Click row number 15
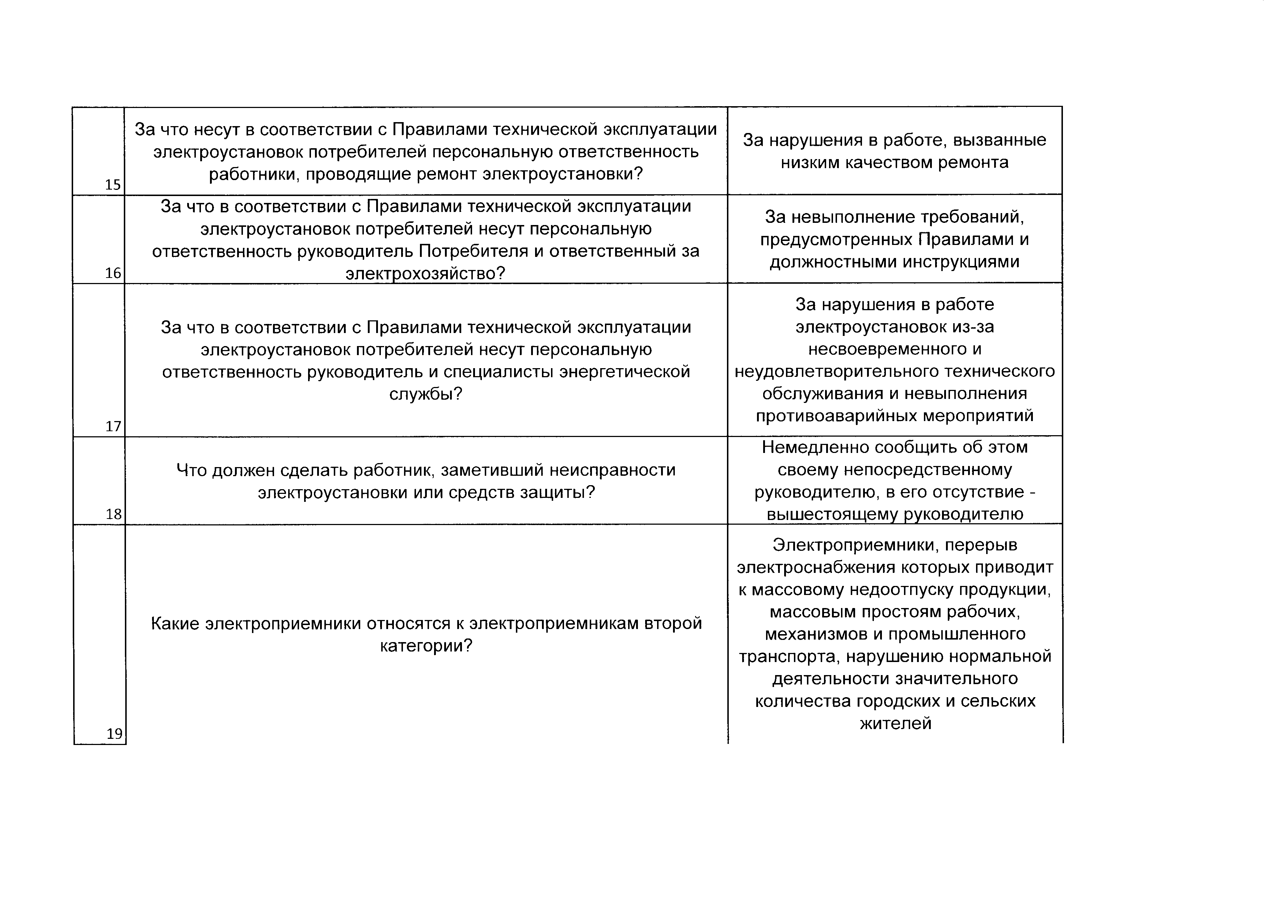click(113, 184)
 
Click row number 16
click(113, 273)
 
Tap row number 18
click(114, 514)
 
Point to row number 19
click(114, 733)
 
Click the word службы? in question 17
click(426, 394)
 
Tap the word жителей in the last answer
click(895, 723)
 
